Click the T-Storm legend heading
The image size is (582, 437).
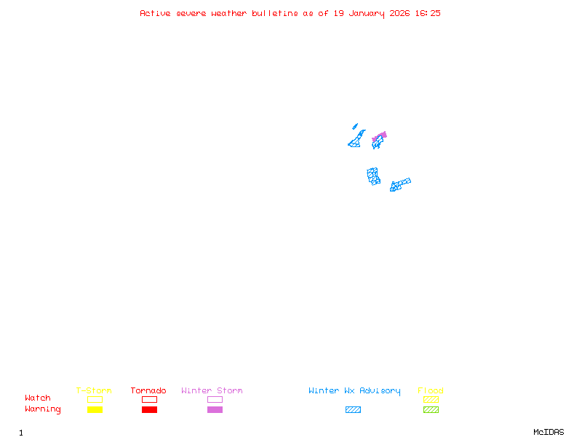(94, 391)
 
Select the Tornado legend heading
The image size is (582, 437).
(148, 391)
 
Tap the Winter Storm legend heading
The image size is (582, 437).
(212, 391)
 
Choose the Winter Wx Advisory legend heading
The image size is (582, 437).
(354, 391)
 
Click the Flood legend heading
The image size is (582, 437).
(431, 391)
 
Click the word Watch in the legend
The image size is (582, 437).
(38, 398)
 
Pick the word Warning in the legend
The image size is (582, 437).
(43, 409)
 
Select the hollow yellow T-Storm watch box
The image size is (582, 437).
(95, 399)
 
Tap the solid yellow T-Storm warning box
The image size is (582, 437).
(95, 409)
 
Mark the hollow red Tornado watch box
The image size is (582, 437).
(149, 399)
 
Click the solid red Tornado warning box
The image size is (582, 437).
(149, 409)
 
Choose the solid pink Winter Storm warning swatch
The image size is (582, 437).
(215, 409)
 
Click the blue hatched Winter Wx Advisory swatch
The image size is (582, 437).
(353, 409)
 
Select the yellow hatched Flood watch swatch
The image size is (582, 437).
(431, 399)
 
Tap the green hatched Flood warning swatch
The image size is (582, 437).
(431, 409)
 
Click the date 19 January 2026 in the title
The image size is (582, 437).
(370, 13)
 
